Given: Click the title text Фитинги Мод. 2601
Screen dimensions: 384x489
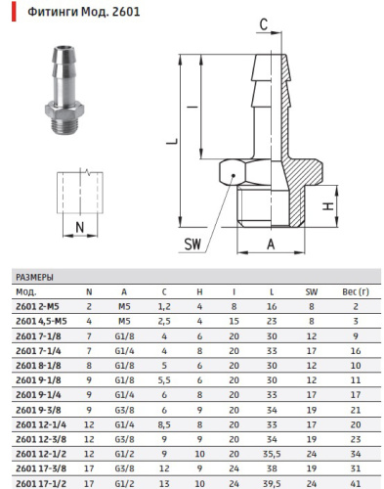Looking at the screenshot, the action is [84, 12].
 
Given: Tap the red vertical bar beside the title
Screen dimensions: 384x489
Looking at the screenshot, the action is [14, 12].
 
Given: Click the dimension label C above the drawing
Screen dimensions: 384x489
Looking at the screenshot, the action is [264, 24].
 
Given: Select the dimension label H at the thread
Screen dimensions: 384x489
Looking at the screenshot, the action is [328, 206].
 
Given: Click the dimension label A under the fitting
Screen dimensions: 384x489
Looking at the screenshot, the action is [271, 244].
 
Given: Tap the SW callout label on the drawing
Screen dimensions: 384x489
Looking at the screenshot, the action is [192, 244].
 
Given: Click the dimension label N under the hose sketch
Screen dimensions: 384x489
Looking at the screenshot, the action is [80, 227].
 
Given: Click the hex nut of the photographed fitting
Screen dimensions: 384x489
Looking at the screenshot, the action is [64, 112].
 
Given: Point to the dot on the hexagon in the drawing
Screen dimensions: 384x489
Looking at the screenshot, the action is [234, 175].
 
